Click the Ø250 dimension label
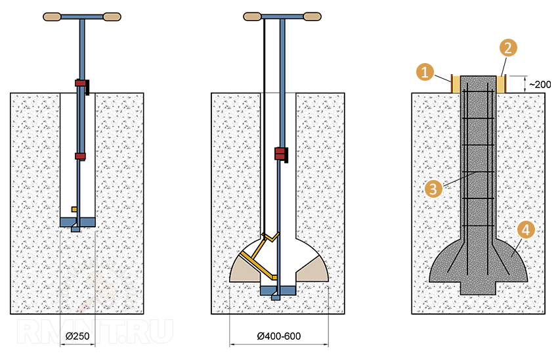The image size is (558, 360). click(77, 336)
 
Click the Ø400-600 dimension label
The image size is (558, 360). click(278, 336)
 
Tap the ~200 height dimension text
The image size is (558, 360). click(540, 85)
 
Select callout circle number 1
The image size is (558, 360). click(425, 72)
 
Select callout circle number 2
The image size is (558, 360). click(508, 48)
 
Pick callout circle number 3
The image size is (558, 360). click(433, 189)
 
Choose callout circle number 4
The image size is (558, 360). click(526, 230)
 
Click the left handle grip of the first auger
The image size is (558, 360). click(52, 16)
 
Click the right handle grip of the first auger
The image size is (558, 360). click(112, 16)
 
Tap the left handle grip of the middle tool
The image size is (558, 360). click(252, 16)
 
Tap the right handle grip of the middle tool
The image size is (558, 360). click(312, 16)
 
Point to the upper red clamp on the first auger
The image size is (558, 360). click(81, 83)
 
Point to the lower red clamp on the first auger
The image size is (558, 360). click(81, 156)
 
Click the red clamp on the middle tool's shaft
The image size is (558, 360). click(280, 154)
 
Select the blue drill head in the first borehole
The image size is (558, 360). click(77, 223)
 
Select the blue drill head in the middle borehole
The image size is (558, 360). click(278, 291)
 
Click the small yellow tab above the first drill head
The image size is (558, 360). click(74, 210)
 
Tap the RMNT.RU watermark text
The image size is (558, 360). click(95, 332)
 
